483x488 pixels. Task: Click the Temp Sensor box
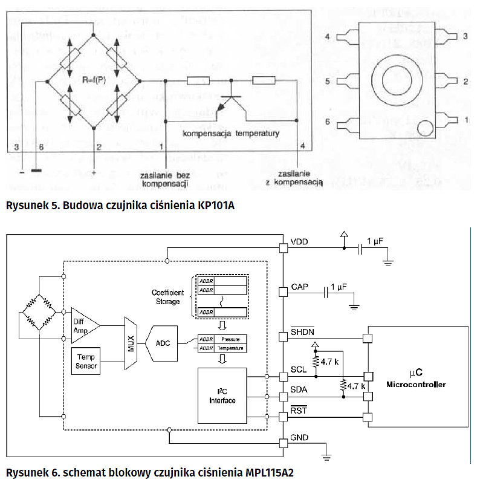click(86, 361)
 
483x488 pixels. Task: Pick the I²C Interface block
click(222, 396)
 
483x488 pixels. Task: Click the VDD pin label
click(299, 242)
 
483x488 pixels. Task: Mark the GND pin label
click(300, 437)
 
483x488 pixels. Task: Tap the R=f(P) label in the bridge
click(94, 79)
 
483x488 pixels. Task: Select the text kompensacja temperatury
click(231, 133)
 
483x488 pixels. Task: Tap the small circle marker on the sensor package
click(426, 128)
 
